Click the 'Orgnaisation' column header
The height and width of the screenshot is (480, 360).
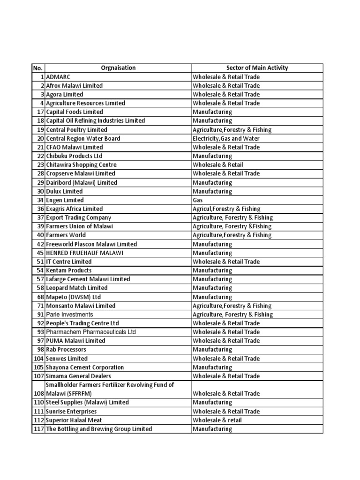tap(118, 68)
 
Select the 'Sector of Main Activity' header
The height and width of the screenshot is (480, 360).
tap(257, 68)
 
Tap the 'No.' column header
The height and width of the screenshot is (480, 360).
tap(38, 68)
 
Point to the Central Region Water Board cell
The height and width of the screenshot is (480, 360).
tap(83, 138)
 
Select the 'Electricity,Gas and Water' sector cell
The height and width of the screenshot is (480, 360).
tap(226, 138)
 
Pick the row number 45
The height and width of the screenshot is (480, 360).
tap(40, 253)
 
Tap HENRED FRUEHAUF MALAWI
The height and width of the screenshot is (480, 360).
tap(84, 253)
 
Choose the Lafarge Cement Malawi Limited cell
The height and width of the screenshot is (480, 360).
tap(88, 279)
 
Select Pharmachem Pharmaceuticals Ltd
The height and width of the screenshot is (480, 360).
tap(91, 332)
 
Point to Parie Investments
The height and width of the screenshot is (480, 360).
tap(69, 315)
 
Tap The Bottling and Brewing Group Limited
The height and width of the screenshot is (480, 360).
tap(99, 429)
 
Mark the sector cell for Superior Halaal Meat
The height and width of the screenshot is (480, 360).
tap(217, 420)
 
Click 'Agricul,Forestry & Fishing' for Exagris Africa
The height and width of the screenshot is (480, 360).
tap(227, 209)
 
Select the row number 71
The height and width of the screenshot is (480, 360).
tap(40, 306)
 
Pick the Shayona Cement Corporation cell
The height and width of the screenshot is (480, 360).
tap(85, 367)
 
